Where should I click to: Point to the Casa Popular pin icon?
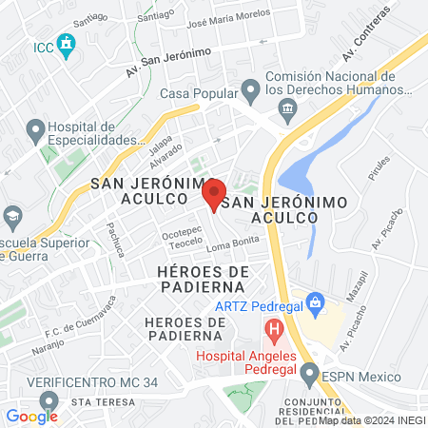pyautogui.click(x=250, y=91)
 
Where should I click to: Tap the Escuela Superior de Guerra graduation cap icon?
pyautogui.click(x=11, y=217)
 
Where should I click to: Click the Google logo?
pyautogui.click(x=31, y=416)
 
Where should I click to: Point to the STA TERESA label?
pyautogui.click(x=97, y=401)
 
